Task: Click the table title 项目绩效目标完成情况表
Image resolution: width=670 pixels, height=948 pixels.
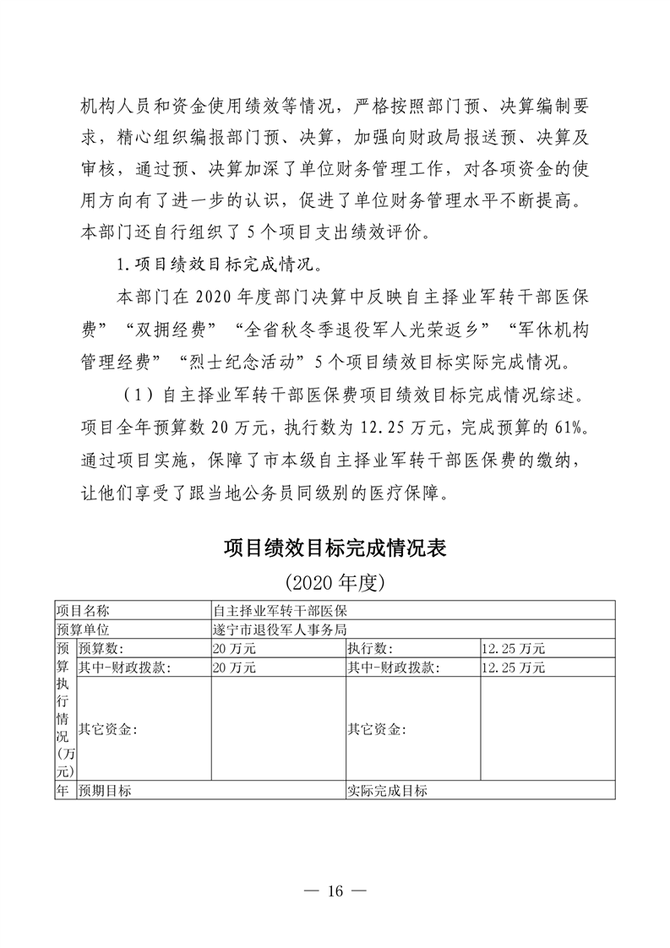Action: pos(335,547)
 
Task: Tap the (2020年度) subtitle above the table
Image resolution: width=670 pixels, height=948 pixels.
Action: pos(335,583)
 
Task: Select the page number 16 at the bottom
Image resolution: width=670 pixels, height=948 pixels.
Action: pos(335,891)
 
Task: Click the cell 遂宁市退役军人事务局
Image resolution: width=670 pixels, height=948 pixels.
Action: pos(281,629)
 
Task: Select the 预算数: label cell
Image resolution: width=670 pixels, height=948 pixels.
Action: pos(101,649)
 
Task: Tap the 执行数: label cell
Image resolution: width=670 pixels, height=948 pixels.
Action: pos(370,649)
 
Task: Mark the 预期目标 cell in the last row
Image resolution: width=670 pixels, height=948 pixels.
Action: pos(105,791)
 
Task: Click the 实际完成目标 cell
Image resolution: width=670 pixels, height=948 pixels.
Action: pos(388,791)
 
